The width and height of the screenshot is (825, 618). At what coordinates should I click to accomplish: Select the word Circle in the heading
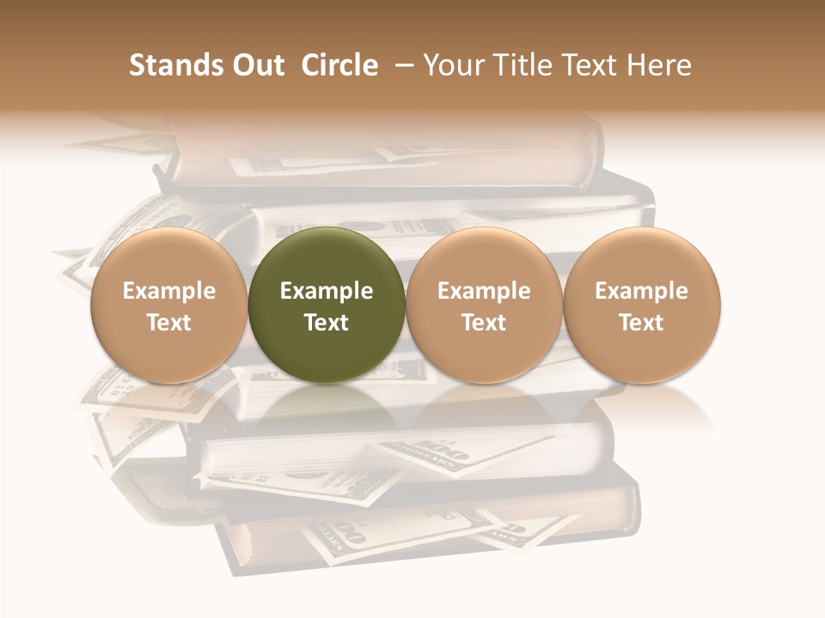[x=339, y=65]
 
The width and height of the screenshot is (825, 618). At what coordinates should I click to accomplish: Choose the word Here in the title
[x=661, y=65]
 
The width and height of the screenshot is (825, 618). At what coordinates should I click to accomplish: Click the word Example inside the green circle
[x=327, y=292]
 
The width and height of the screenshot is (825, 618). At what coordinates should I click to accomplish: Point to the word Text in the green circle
[x=327, y=323]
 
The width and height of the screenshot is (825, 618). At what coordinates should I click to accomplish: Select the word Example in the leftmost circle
[x=169, y=292]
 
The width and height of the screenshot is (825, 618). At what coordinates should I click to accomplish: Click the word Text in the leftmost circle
[x=169, y=323]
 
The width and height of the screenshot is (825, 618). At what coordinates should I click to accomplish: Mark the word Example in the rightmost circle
[x=641, y=292]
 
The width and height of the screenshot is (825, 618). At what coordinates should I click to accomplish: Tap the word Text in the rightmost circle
[x=641, y=323]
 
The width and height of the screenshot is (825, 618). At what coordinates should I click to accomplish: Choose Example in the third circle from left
[x=484, y=292]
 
